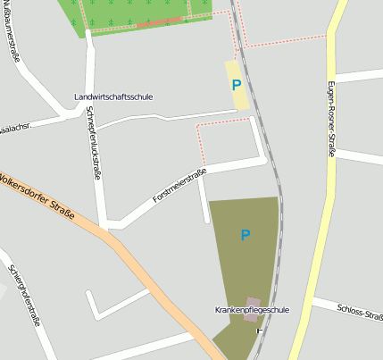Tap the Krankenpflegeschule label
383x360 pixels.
click(252, 309)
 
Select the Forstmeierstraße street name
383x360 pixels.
click(179, 185)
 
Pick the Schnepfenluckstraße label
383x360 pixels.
click(95, 143)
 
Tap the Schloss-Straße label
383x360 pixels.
click(360, 312)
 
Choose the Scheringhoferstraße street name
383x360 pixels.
click(25, 295)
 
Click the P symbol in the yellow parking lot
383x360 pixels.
click(237, 85)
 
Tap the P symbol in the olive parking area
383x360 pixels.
click(246, 235)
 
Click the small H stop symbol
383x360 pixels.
click(260, 331)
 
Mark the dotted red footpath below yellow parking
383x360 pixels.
click(223, 123)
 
